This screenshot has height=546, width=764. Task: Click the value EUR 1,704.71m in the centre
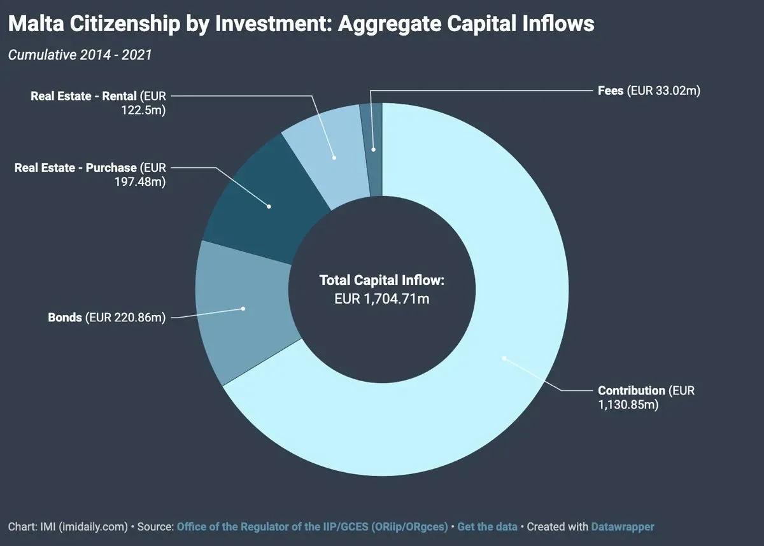pyautogui.click(x=382, y=298)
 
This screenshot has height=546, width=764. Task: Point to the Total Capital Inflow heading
pyautogui.click(x=381, y=280)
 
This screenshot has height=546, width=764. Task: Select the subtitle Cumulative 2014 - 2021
pyautogui.click(x=80, y=55)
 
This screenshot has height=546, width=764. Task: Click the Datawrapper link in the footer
pyautogui.click(x=622, y=527)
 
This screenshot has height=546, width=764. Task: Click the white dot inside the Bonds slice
pyautogui.click(x=244, y=309)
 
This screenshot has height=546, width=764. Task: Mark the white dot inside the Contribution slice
pyautogui.click(x=504, y=358)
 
